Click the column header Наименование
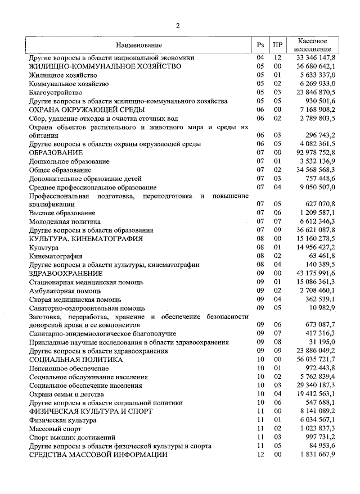pos(139,45)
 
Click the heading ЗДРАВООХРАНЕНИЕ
pos(66,273)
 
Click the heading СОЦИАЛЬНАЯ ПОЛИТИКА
pos(76,360)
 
